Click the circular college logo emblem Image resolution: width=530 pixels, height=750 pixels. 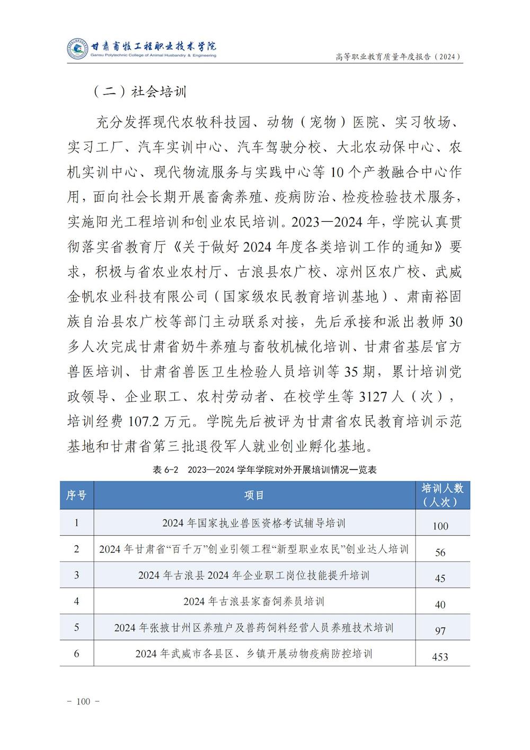[77, 49]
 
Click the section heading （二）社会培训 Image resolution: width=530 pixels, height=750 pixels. [140, 91]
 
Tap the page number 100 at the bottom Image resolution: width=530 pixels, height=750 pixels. [84, 701]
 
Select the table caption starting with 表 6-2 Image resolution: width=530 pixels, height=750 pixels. [264, 469]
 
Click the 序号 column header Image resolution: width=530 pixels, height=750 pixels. [76, 495]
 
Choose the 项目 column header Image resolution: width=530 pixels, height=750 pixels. [254, 495]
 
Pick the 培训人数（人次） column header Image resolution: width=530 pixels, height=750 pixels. [442, 495]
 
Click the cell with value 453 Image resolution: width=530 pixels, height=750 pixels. [440, 657]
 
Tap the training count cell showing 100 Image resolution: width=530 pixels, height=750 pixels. [440, 526]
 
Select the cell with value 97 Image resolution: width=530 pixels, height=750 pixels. [440, 631]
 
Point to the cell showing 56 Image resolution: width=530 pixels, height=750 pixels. [440, 552]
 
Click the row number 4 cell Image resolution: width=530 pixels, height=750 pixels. [76, 601]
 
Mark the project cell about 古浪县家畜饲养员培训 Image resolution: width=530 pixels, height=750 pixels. [254, 601]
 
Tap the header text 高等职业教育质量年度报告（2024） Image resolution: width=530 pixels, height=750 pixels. [398, 57]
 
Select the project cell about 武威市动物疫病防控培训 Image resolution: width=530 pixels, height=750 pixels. [254, 653]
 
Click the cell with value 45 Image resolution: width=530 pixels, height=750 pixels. [440, 578]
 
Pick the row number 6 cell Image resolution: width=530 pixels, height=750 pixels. [76, 653]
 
